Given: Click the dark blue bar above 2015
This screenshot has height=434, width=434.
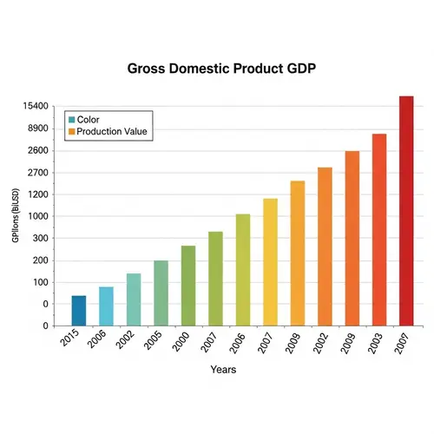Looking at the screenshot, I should click(x=79, y=310).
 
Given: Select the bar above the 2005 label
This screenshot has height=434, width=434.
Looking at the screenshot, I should click(x=161, y=293).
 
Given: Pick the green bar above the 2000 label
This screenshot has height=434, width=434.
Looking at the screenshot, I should click(x=188, y=286).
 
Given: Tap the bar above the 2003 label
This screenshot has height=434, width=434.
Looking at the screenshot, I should click(x=379, y=229).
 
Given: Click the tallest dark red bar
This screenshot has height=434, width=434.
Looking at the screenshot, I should click(x=406, y=210).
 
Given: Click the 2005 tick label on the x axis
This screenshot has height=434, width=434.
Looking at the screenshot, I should click(x=154, y=341).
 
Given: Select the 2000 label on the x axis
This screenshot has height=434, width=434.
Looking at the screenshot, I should click(x=181, y=341).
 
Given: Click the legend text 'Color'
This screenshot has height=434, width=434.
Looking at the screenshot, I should click(x=88, y=119).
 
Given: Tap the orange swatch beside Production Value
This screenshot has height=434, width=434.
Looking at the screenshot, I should click(x=71, y=132).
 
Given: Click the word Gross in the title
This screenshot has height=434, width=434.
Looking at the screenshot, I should click(x=148, y=69).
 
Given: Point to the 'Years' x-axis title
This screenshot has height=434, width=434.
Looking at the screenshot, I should click(x=223, y=369).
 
